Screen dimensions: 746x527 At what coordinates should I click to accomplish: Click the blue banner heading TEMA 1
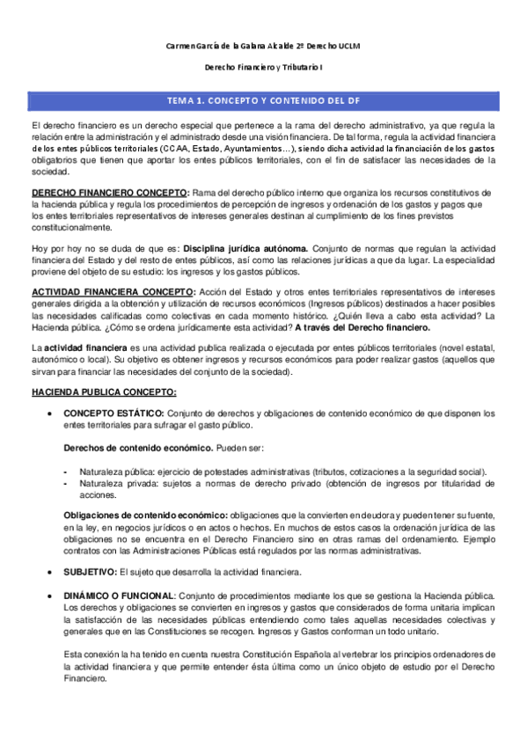coord(263,100)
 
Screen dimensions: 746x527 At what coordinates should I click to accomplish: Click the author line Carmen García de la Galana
coord(263,46)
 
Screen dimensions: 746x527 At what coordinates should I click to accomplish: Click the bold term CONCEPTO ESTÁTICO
coord(113,413)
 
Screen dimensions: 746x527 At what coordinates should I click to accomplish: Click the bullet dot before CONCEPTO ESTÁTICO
coord(54,413)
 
